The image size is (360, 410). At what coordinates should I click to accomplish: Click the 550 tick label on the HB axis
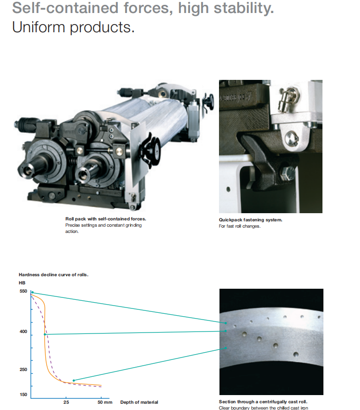tap(23, 291)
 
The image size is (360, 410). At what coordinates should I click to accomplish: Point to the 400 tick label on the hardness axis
tap(23, 332)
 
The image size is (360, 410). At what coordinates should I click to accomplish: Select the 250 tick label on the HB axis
tap(23, 370)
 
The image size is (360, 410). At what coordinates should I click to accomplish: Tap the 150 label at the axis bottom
tap(23, 395)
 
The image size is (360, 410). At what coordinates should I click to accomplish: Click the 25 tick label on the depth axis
tap(66, 402)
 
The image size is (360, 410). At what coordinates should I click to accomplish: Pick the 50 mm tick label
tap(105, 402)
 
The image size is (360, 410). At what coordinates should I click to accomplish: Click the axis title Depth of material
tap(139, 402)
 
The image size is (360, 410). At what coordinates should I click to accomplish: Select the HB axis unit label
tap(22, 283)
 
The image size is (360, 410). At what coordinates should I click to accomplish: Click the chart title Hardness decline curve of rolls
tap(53, 275)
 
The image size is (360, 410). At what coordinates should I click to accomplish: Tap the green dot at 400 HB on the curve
tap(45, 334)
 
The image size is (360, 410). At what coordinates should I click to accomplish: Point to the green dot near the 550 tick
tap(32, 292)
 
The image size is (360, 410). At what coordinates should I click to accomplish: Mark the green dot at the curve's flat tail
tap(74, 381)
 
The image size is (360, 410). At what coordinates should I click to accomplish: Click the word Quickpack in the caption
tap(231, 220)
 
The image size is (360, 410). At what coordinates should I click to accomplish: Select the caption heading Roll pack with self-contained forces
tap(105, 219)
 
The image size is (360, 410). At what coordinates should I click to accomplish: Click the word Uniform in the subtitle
tap(39, 27)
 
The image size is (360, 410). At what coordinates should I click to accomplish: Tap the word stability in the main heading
tap(244, 8)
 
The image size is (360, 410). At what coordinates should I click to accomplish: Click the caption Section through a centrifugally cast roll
tap(263, 402)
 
